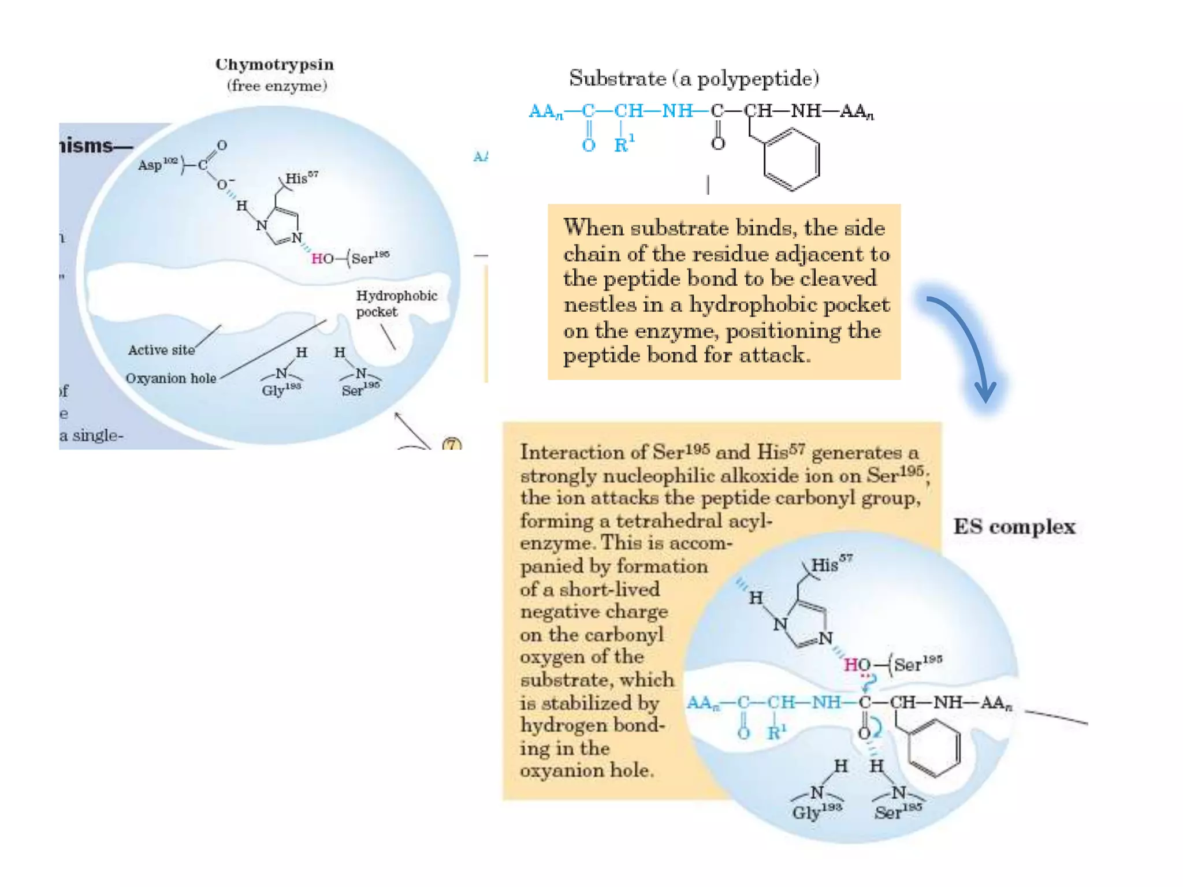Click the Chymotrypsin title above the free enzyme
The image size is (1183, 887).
pyautogui.click(x=274, y=64)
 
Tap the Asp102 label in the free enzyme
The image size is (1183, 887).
pyautogui.click(x=157, y=165)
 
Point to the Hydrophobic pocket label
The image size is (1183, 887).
pyautogui.click(x=396, y=303)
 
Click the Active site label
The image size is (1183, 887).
pyautogui.click(x=161, y=350)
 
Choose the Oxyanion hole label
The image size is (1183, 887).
pyautogui.click(x=171, y=378)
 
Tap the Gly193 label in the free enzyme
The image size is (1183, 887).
pyautogui.click(x=281, y=390)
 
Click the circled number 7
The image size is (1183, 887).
pyautogui.click(x=452, y=444)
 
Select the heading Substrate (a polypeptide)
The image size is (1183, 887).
pyautogui.click(x=694, y=79)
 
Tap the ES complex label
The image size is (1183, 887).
pyautogui.click(x=1014, y=527)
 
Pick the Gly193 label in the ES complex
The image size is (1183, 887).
pyautogui.click(x=816, y=812)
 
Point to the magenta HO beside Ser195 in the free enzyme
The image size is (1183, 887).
pyautogui.click(x=322, y=258)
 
